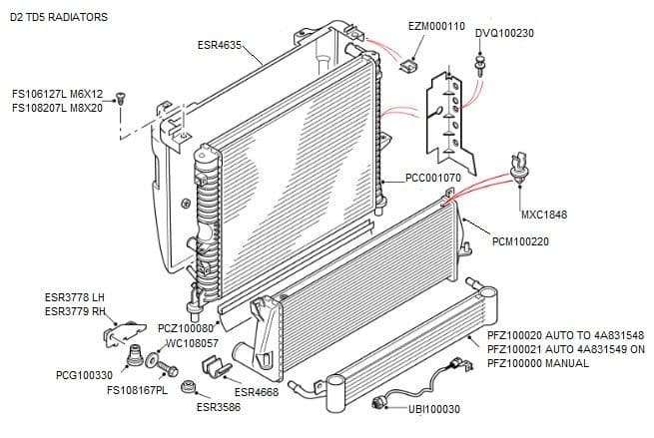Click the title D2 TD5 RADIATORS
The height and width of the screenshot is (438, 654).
tap(58, 18)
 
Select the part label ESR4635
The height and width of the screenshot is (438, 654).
tap(220, 45)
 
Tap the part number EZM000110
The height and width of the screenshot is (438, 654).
tap(436, 26)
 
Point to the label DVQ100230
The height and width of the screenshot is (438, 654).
tap(504, 33)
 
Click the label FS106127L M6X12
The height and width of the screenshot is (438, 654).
tap(57, 94)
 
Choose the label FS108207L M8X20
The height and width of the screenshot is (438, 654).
tap(57, 107)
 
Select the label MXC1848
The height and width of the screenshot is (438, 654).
tap(544, 215)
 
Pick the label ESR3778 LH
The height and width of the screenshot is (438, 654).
tap(75, 297)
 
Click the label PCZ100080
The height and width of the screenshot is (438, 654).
tap(186, 328)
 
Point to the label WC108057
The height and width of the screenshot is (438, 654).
tap(192, 342)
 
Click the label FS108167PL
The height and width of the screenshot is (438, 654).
tap(137, 389)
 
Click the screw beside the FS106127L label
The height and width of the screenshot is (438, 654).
tap(121, 98)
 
